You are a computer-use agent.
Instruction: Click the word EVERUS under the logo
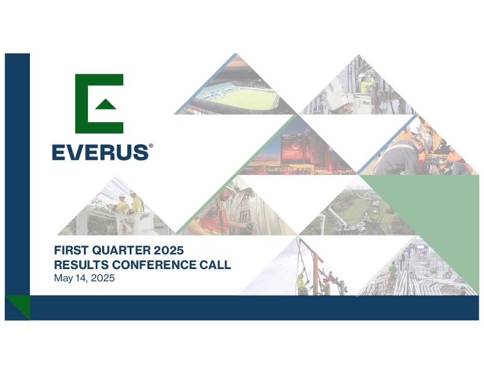pos(100,152)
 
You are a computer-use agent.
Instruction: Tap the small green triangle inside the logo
pos(106,104)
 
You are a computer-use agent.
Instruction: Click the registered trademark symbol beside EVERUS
pos(151,146)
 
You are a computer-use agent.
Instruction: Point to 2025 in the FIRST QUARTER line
pos(168,250)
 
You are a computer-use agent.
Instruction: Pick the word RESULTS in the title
pos(81,264)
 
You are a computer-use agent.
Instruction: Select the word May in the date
pos(63,278)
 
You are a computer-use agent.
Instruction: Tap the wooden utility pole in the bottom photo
pos(316,271)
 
